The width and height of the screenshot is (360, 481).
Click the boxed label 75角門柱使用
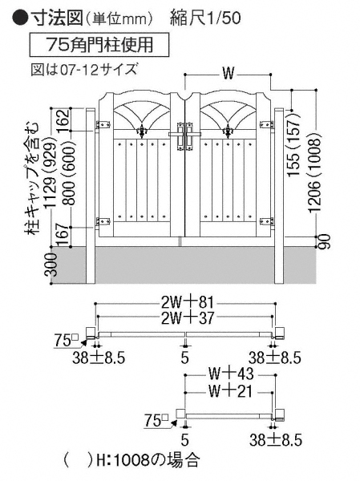click(x=99, y=45)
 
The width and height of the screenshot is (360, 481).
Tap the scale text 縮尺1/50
click(x=205, y=18)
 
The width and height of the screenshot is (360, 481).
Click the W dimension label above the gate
click(x=228, y=74)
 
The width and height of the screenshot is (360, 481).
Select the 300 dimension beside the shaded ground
click(x=53, y=265)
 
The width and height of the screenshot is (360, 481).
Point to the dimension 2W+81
click(x=187, y=302)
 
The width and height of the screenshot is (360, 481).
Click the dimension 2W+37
click(x=187, y=317)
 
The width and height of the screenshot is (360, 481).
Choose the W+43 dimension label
click(x=231, y=374)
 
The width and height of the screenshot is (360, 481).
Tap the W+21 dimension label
click(x=230, y=391)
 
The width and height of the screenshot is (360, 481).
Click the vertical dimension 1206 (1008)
click(x=315, y=172)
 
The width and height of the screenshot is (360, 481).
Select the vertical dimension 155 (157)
click(x=294, y=144)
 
